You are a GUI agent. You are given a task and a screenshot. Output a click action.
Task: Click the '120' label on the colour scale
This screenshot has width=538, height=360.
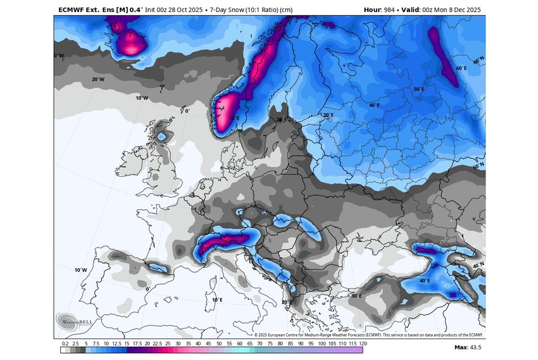pyautogui.click(x=363, y=342)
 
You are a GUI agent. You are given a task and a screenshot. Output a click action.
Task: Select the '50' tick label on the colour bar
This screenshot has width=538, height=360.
pyautogui.click(x=218, y=342)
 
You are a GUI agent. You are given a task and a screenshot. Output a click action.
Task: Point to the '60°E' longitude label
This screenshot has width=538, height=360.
pyautogui.click(x=461, y=68)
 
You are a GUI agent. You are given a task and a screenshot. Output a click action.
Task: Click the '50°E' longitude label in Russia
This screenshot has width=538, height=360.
pyautogui.click(x=418, y=89)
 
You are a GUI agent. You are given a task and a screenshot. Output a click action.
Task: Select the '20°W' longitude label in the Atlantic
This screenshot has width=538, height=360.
pyautogui.click(x=97, y=80)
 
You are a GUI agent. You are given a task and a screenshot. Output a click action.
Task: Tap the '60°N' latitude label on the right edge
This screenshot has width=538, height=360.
pyautogui.click(x=479, y=58)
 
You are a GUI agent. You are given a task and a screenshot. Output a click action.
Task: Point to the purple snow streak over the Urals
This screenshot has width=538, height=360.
pyautogui.click(x=444, y=56)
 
